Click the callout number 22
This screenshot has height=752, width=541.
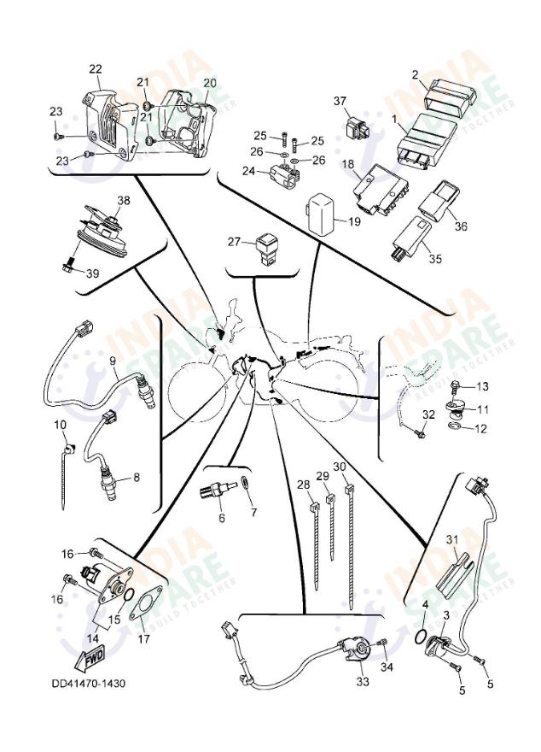[x=96, y=69]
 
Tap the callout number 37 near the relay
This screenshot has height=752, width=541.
[x=340, y=102]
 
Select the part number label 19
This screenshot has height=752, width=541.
[x=354, y=221]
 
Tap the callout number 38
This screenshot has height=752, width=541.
[x=125, y=201]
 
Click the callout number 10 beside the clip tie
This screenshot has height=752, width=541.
[x=61, y=425]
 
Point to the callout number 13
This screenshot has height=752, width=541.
[x=482, y=386]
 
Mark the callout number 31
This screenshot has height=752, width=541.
[x=452, y=539]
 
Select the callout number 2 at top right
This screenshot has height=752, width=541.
[x=415, y=75]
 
